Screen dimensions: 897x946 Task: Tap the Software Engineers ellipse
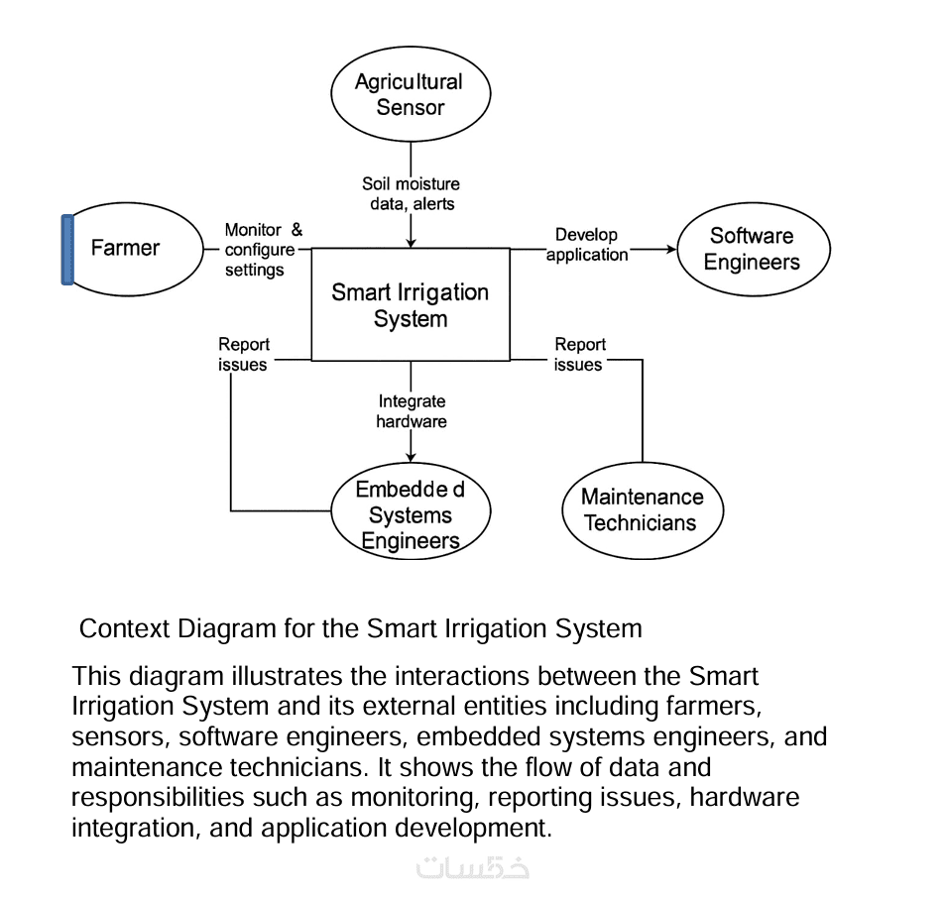point(753,249)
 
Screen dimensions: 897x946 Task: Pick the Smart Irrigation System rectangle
point(410,305)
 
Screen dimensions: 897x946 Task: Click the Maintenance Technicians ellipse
point(642,509)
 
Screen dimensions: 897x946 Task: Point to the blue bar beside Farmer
point(67,250)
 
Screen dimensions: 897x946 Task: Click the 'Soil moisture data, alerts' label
point(411,194)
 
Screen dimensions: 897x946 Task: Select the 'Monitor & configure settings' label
point(261,250)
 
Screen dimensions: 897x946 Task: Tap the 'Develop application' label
point(587,245)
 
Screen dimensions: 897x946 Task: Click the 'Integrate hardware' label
point(412,411)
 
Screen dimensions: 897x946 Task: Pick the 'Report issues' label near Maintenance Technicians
point(579,355)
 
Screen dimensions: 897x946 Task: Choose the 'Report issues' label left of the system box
point(243,355)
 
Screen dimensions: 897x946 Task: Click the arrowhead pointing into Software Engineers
point(667,250)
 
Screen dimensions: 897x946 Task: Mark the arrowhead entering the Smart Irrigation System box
point(411,242)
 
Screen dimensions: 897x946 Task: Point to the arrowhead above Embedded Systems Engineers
point(411,457)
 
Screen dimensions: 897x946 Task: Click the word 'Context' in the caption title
point(124,628)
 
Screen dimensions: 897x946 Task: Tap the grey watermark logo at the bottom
point(472,866)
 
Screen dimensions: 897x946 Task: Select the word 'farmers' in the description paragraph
point(712,707)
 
